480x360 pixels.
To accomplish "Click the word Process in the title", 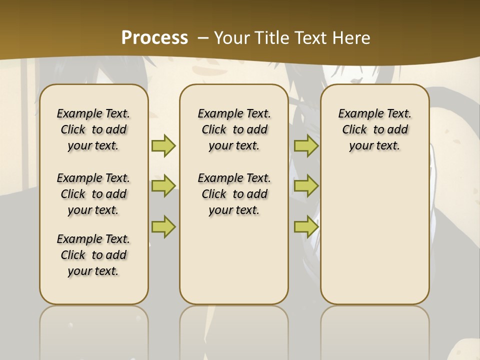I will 154,37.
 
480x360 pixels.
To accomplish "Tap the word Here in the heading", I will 352,37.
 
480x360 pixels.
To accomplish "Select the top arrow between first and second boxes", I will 163,145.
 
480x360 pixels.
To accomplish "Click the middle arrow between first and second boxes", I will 163,186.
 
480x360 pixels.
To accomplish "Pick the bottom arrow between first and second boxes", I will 163,226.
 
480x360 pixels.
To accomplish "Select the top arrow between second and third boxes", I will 306,145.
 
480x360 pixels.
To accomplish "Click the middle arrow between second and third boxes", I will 306,186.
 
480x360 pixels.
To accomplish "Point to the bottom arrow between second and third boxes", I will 306,226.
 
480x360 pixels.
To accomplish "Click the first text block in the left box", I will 93,129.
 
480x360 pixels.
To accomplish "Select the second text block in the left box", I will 93,194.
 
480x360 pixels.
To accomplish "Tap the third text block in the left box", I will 93,255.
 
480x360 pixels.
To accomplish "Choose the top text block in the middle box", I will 234,129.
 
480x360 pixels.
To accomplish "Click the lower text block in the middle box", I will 234,194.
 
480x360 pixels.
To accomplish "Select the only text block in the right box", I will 375,129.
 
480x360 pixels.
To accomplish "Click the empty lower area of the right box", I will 375,235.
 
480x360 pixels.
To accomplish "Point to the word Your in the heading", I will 233,37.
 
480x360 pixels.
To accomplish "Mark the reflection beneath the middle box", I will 234,330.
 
